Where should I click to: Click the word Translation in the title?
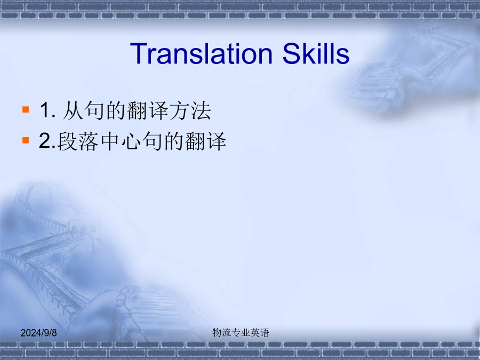(x=201, y=54)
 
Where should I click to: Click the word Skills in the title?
(x=316, y=53)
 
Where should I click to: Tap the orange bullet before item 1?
(x=26, y=109)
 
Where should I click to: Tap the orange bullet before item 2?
(x=26, y=140)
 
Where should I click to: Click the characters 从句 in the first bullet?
(x=84, y=110)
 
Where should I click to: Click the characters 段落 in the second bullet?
(x=78, y=141)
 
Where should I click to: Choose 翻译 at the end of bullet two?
(x=205, y=141)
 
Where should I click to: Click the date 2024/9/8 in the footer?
(x=38, y=333)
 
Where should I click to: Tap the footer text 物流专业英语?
(x=241, y=332)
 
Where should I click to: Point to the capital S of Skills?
(x=291, y=53)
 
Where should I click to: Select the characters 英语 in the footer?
(x=260, y=332)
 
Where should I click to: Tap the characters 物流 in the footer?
(x=222, y=332)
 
